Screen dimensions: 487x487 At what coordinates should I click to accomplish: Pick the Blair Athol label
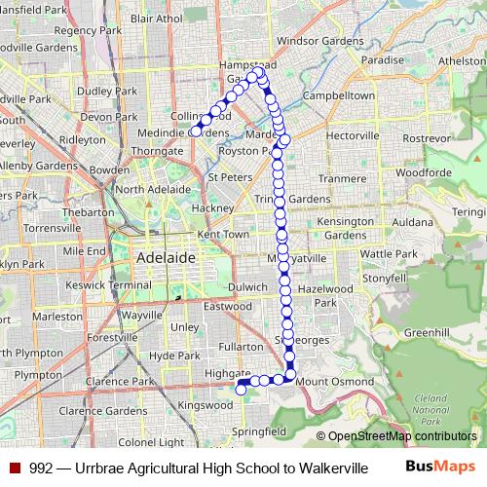pos(156,18)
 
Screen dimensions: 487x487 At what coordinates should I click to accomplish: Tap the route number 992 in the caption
pos(40,468)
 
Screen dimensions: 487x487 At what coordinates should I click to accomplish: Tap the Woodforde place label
pos(423,171)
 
